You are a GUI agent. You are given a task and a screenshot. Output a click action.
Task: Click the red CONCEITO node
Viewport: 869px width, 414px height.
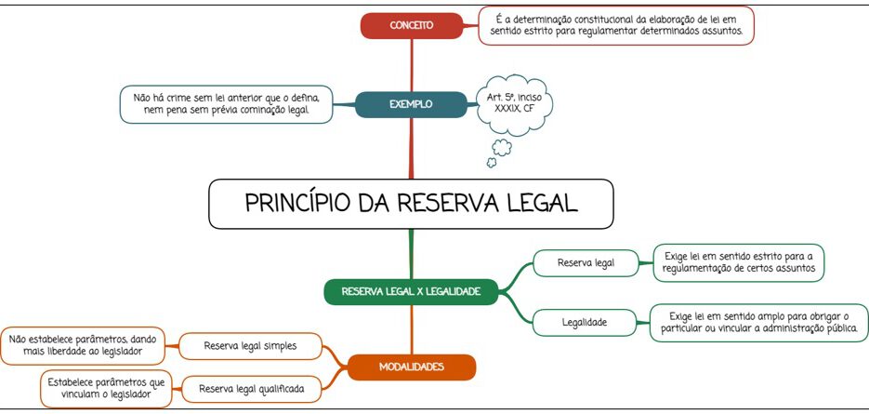tap(411, 25)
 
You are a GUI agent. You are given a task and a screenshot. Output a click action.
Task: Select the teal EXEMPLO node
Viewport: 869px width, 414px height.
tap(411, 104)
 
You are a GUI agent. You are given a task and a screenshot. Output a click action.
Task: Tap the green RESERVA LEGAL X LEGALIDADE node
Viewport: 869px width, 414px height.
tap(411, 291)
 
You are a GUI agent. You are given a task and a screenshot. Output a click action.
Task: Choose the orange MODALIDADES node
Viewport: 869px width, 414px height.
tap(411, 367)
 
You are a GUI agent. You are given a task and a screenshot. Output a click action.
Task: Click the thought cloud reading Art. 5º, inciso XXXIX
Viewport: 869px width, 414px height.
tap(514, 104)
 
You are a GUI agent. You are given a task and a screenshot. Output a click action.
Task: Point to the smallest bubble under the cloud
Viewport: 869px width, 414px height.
tap(491, 163)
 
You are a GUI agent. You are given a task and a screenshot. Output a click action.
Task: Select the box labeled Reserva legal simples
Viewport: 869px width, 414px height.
tap(251, 346)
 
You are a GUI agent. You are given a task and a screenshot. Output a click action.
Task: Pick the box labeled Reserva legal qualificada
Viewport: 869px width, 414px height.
tap(252, 389)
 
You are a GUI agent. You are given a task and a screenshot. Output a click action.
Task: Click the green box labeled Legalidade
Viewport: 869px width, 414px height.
tap(585, 322)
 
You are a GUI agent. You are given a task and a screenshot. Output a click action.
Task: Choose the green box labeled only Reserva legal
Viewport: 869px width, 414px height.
tap(586, 263)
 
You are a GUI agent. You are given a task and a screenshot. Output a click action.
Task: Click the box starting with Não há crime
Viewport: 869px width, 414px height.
tap(226, 104)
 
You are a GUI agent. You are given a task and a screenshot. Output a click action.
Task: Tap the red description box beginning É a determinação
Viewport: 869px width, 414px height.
tap(615, 25)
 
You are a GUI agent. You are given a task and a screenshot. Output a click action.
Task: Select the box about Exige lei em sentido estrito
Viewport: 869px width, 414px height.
tap(739, 263)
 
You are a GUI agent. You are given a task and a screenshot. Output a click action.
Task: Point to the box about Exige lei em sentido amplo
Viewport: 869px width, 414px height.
tap(758, 323)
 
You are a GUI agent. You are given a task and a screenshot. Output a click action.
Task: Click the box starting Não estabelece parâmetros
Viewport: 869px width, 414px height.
tap(83, 346)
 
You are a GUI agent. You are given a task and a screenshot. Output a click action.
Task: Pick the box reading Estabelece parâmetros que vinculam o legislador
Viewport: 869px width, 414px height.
tap(106, 389)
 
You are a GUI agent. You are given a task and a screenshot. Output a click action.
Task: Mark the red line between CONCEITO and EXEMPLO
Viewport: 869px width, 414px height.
tap(411, 65)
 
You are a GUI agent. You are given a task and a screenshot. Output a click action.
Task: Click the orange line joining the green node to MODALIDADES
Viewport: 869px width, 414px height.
tap(411, 329)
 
